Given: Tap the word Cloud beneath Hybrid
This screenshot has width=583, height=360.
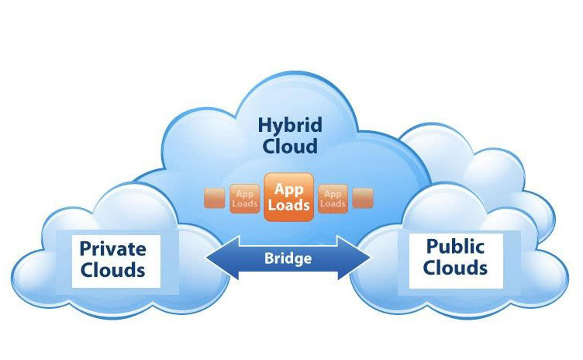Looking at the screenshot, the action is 290,146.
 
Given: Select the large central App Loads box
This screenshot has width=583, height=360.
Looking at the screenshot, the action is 289,197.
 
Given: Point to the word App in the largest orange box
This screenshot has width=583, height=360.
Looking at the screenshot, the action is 289,190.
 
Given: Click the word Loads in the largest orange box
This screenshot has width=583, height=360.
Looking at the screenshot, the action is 289,205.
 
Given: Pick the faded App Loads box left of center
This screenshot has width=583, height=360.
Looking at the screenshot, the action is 245,199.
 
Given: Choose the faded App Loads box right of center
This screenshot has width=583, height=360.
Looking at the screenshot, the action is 333,199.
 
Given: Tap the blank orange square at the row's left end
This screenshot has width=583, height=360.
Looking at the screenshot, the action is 215,198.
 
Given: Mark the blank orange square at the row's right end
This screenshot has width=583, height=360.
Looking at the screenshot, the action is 363,198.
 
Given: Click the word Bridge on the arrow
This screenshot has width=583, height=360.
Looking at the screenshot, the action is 288,258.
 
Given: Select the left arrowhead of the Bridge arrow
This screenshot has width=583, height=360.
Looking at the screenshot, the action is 223,258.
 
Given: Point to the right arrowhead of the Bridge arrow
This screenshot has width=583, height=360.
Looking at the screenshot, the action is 354,258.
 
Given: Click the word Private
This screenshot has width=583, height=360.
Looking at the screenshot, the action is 112,249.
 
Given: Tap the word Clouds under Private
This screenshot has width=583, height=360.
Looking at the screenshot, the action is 112,270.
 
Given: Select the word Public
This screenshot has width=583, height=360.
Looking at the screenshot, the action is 455,246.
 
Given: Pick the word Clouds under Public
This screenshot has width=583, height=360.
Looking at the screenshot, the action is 455,268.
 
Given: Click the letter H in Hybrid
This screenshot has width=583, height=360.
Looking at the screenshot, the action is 265,125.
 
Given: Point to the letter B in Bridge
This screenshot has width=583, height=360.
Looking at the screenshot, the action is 268,258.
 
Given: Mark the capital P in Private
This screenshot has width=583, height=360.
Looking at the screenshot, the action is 86,249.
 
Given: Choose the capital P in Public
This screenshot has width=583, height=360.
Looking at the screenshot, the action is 433,246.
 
